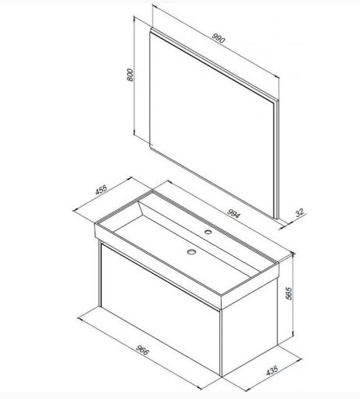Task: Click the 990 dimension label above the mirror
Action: (218, 38)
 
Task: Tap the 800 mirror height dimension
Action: (131, 75)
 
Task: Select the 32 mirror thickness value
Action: (299, 212)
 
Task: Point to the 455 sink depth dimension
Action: (101, 190)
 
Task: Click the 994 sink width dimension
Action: (234, 213)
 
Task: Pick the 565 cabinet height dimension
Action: (288, 293)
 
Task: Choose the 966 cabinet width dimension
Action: (142, 350)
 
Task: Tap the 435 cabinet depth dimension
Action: (272, 370)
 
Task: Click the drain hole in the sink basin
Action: (191, 251)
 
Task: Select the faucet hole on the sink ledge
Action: (208, 232)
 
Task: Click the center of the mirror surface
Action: (211, 124)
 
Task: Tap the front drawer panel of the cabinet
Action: (161, 309)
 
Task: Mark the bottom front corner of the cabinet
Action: (221, 376)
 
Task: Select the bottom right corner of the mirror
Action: (278, 219)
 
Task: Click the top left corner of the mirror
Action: (150, 29)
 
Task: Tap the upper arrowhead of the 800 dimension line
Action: (135, 18)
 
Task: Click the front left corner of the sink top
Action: (95, 223)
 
